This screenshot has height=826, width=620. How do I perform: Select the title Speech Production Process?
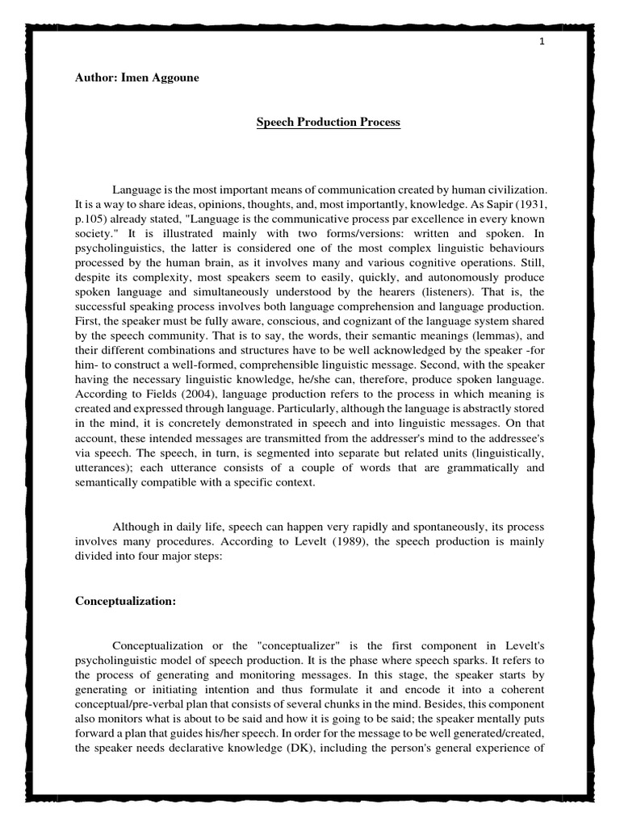point(328,123)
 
